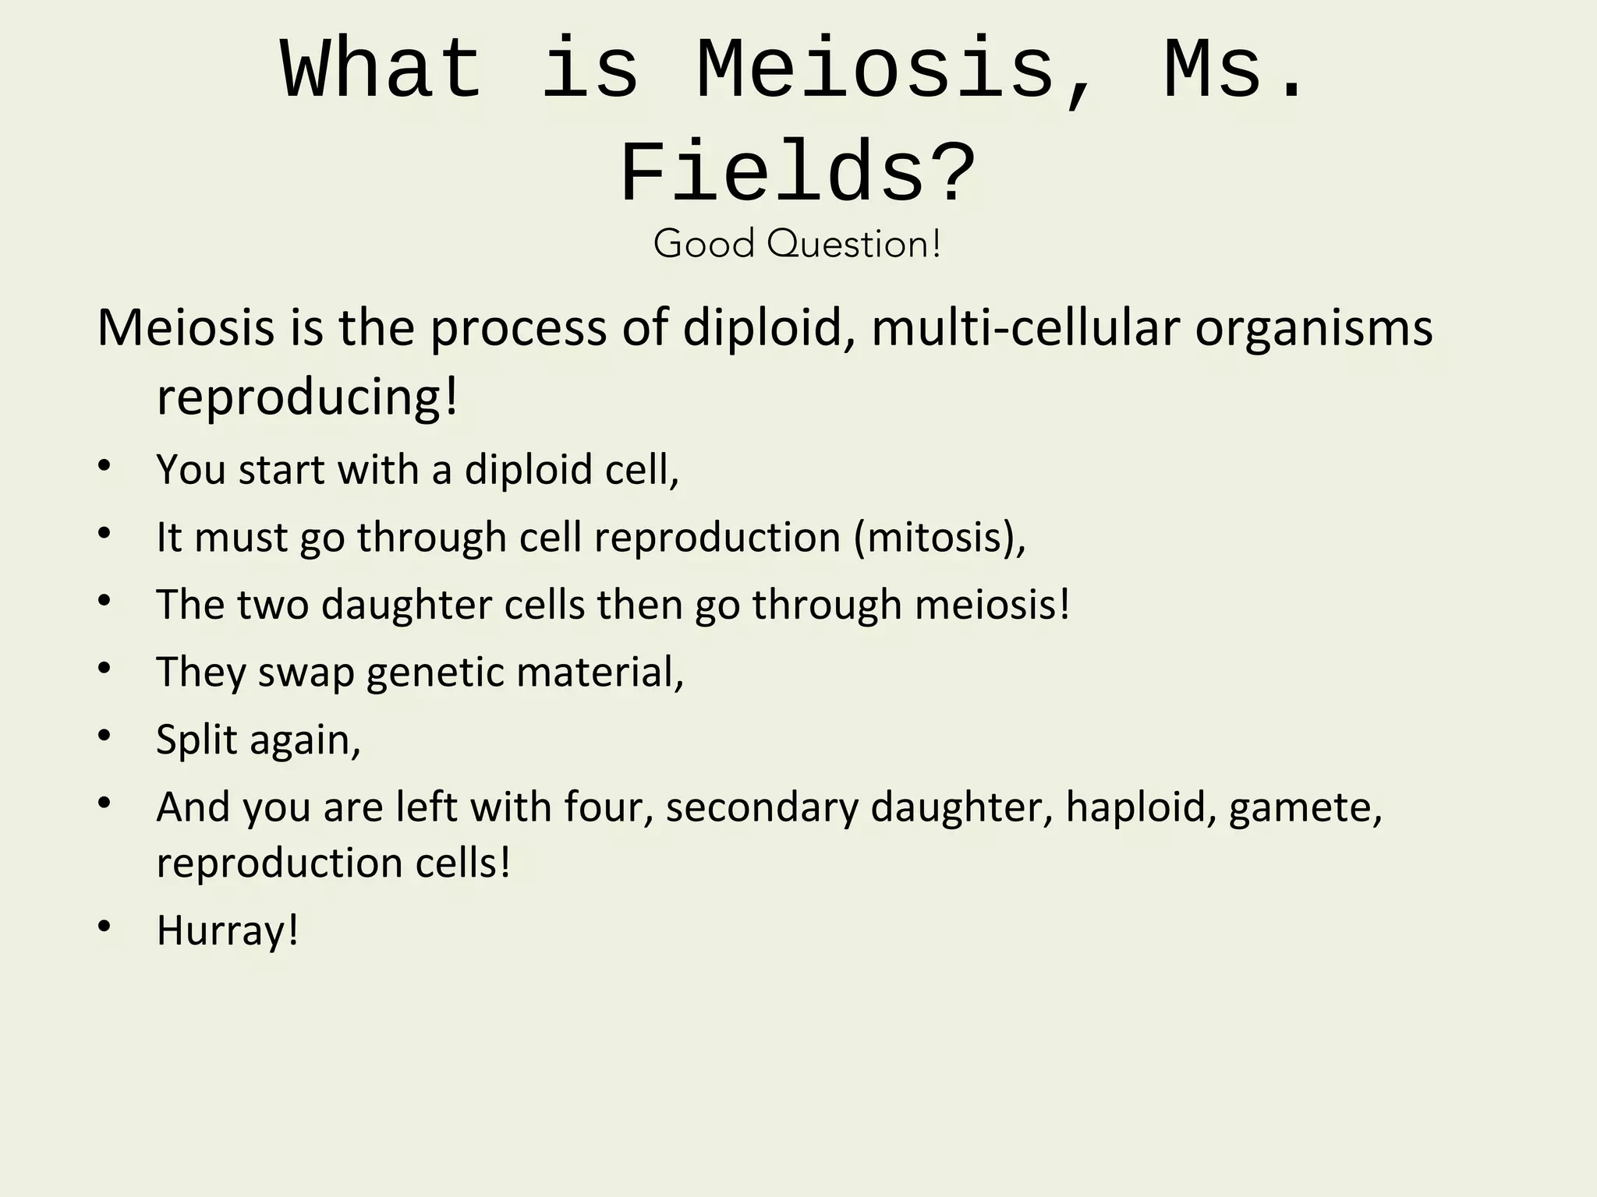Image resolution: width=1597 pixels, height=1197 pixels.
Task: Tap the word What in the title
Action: tap(381, 72)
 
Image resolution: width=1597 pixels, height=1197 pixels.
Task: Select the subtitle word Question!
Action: tap(854, 244)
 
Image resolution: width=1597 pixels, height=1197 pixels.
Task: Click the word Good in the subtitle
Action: tap(704, 244)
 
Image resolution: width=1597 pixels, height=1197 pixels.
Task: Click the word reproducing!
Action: tap(307, 397)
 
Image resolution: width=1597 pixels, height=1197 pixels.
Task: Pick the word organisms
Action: tap(1314, 328)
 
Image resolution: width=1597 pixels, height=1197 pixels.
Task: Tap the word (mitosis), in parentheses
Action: tap(940, 537)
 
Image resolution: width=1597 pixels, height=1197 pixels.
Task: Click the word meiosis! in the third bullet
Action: tap(993, 605)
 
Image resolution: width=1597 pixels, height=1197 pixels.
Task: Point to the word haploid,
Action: tap(1142, 807)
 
